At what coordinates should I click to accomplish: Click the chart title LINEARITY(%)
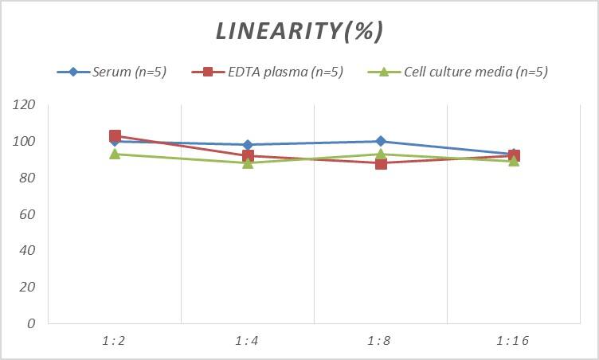[299, 31]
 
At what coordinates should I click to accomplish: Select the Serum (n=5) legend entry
[112, 72]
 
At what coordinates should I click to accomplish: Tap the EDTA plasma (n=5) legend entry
[268, 72]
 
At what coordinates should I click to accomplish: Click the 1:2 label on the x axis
[115, 341]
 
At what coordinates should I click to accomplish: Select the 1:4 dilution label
[248, 341]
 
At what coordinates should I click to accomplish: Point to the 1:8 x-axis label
[381, 341]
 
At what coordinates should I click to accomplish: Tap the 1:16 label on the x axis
[513, 341]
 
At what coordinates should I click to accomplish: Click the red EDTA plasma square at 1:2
[115, 136]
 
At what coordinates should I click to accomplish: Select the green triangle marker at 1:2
[115, 154]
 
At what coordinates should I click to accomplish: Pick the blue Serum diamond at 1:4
[248, 145]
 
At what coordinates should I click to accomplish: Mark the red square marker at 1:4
[248, 156]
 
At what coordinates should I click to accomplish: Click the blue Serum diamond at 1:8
[381, 141]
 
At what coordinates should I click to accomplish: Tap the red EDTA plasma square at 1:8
[381, 163]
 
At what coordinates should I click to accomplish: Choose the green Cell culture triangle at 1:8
[381, 154]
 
